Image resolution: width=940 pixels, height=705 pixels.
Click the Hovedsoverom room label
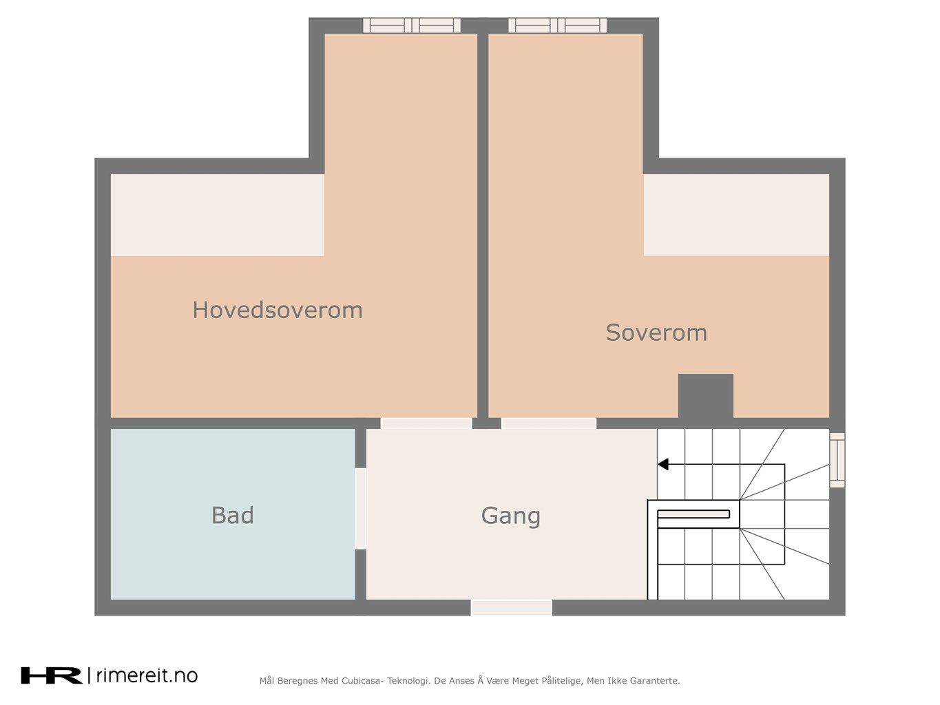click(278, 310)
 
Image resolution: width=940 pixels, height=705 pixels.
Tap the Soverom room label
click(656, 333)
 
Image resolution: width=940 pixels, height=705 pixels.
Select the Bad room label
click(233, 515)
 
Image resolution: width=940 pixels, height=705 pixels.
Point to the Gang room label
click(510, 516)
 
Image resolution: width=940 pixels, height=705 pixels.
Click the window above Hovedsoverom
click(412, 25)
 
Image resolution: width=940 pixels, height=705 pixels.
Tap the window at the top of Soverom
click(557, 25)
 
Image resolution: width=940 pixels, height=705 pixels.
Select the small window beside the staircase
click(837, 460)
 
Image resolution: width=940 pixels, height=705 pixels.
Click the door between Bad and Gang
click(361, 509)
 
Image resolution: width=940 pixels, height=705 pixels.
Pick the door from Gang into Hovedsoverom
click(426, 423)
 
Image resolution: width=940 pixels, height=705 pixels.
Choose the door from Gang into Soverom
click(549, 423)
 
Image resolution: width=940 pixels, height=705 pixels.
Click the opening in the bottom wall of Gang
click(512, 608)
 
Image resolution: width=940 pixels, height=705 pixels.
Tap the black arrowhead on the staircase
click(663, 464)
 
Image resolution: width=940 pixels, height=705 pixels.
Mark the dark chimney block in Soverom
click(705, 396)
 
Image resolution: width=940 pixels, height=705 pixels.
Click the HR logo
click(52, 675)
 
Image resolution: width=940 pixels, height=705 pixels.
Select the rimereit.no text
click(147, 675)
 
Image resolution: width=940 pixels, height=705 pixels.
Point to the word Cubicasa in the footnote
click(362, 681)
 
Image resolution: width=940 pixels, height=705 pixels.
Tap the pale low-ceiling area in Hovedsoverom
click(217, 215)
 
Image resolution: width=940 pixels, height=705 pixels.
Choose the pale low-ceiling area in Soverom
click(736, 215)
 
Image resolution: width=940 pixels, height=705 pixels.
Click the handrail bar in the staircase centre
click(693, 514)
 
